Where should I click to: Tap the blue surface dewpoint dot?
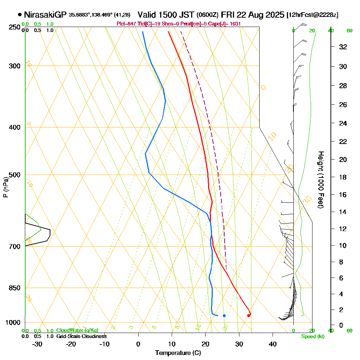tap(224, 316)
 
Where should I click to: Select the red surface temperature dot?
tap(248, 316)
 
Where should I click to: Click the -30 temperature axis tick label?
tap(37, 344)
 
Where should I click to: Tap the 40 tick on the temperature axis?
tap(273, 344)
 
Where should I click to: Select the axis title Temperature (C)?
tap(178, 353)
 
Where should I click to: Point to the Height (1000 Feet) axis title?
tap(320, 180)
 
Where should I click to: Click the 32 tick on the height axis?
tap(343, 47)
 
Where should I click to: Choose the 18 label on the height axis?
tap(343, 177)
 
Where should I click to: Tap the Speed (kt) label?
tap(312, 337)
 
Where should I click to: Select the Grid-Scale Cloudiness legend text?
tap(81, 336)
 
